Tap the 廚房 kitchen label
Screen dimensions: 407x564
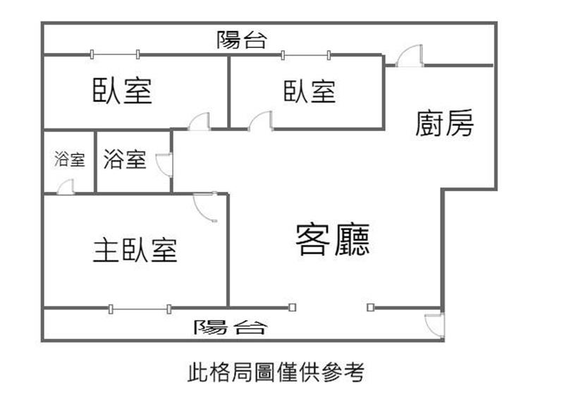click(444, 123)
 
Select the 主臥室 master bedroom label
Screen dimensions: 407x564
click(135, 250)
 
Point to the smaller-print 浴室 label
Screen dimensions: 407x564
click(69, 159)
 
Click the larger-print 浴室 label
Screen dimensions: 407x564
click(125, 159)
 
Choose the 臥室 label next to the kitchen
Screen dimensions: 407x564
click(309, 92)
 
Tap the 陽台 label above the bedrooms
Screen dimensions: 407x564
click(242, 40)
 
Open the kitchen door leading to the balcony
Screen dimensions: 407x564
click(410, 56)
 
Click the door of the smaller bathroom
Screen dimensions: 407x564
click(65, 186)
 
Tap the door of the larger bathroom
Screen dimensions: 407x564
click(164, 164)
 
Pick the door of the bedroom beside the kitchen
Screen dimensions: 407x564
click(261, 121)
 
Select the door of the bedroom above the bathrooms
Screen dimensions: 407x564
click(200, 121)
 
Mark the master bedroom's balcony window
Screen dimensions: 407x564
click(140, 308)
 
